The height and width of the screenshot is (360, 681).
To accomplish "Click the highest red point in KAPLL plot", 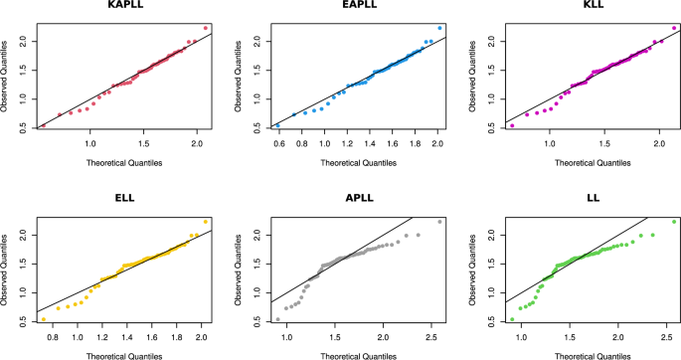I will pos(205,28).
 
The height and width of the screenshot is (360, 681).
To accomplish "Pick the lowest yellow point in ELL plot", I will pos(44,319).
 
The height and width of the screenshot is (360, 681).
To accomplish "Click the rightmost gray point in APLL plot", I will pos(439,221).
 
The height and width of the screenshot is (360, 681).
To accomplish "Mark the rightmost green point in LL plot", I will pos(674,221).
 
